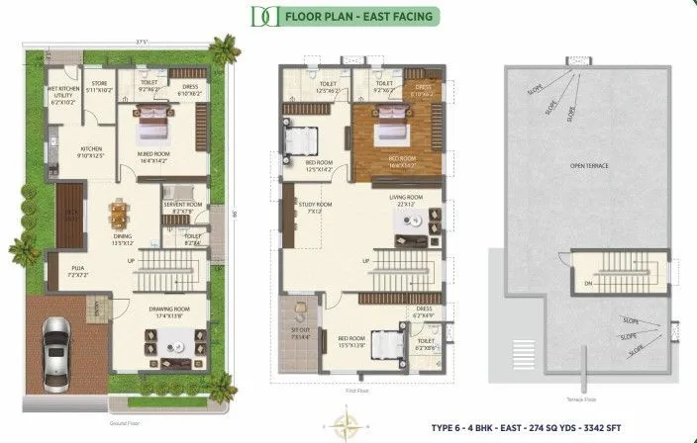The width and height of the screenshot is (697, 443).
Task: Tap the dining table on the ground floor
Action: click(x=120, y=214)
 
